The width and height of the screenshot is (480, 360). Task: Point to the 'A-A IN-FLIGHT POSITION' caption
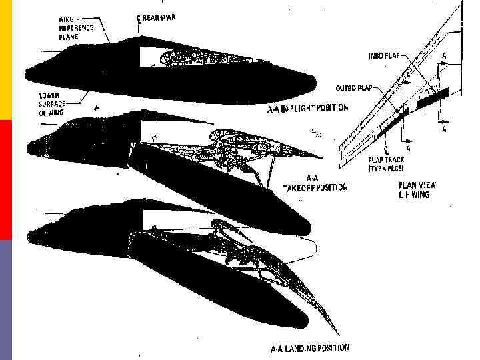pyautogui.click(x=303, y=107)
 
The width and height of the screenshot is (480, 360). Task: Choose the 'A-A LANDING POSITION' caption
pyautogui.click(x=309, y=347)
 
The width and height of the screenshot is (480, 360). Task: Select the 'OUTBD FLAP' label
pyautogui.click(x=356, y=87)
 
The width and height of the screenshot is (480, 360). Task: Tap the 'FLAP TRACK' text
pyautogui.click(x=387, y=160)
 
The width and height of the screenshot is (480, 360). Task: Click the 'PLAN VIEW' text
pyautogui.click(x=417, y=185)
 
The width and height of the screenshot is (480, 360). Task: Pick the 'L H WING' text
pyautogui.click(x=414, y=195)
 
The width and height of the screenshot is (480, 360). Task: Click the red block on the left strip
pyautogui.click(x=6, y=180)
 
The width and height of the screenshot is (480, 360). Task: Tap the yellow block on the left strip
pyautogui.click(x=6, y=60)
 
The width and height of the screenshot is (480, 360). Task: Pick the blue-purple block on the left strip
pyautogui.click(x=6, y=300)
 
